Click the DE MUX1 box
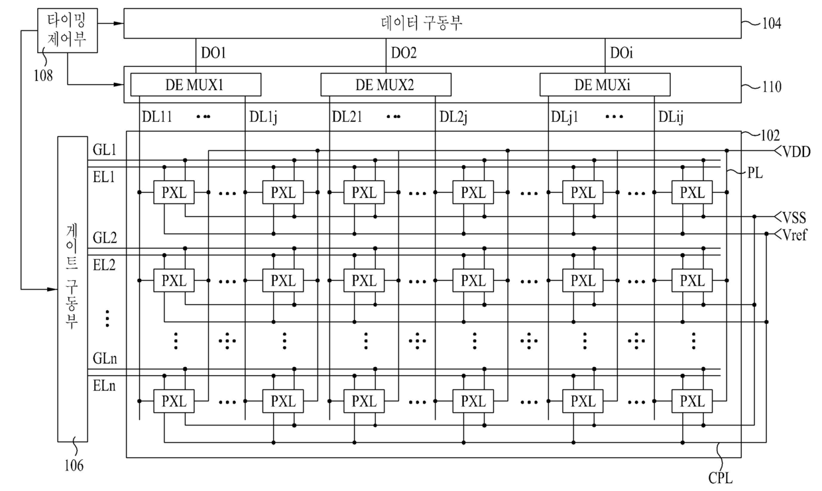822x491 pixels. click(196, 85)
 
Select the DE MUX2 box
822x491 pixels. click(386, 85)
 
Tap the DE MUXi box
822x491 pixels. click(605, 85)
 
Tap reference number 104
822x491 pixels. click(770, 24)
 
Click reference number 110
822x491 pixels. click(770, 87)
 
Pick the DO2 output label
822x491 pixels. click(404, 52)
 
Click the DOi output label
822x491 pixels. click(621, 52)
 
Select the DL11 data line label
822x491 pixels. click(156, 117)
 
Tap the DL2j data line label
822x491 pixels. click(455, 117)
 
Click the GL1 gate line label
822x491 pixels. click(105, 150)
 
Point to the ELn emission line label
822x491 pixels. click(105, 386)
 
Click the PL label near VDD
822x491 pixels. click(754, 174)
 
